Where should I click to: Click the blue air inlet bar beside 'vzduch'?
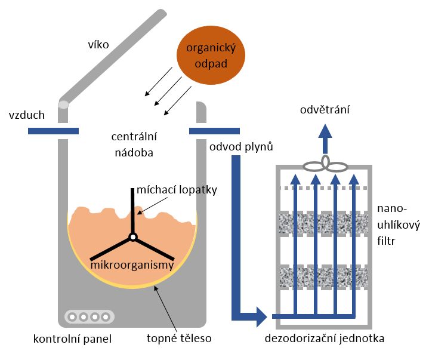click(53, 131)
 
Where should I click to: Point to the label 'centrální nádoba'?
click(132, 144)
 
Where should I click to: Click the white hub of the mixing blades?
click(132, 237)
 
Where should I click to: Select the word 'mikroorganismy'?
click(132, 264)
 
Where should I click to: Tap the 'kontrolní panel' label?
click(73, 339)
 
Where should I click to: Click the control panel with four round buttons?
click(89, 316)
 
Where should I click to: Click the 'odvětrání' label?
click(325, 110)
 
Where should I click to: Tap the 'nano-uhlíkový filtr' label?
click(399, 225)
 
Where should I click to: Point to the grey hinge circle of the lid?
click(63, 105)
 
